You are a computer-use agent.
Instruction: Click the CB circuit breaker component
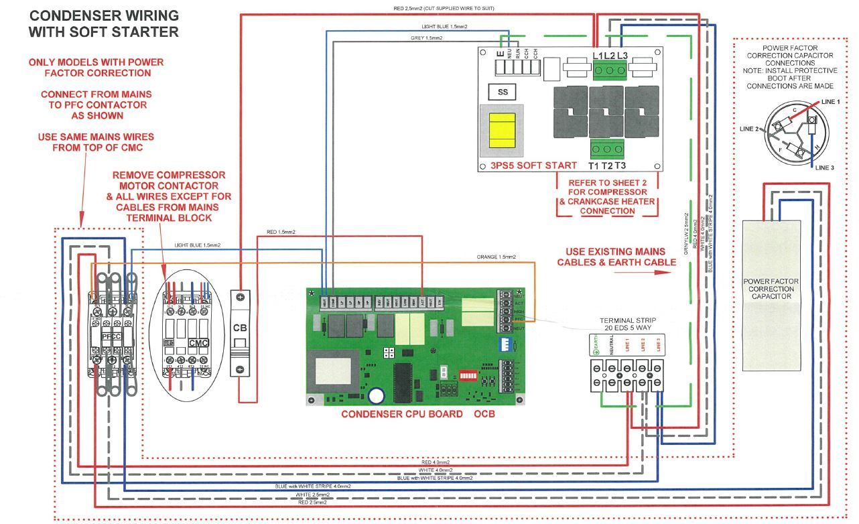tap(241, 328)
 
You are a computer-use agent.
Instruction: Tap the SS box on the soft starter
tap(503, 92)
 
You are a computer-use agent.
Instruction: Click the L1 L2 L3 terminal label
tap(610, 55)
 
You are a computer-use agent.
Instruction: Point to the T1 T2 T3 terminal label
tap(608, 166)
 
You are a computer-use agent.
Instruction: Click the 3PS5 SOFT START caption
tap(528, 166)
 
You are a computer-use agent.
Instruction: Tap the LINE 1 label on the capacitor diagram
tap(829, 102)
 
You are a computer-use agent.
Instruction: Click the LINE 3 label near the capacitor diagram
tap(825, 168)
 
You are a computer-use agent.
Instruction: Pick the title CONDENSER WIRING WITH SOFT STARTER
tap(104, 23)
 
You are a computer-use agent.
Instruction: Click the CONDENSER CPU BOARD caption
tap(401, 414)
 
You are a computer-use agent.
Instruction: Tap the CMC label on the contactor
tap(198, 342)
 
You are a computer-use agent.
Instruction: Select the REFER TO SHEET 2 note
tap(605, 196)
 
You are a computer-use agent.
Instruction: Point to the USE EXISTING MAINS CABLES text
tap(616, 257)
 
